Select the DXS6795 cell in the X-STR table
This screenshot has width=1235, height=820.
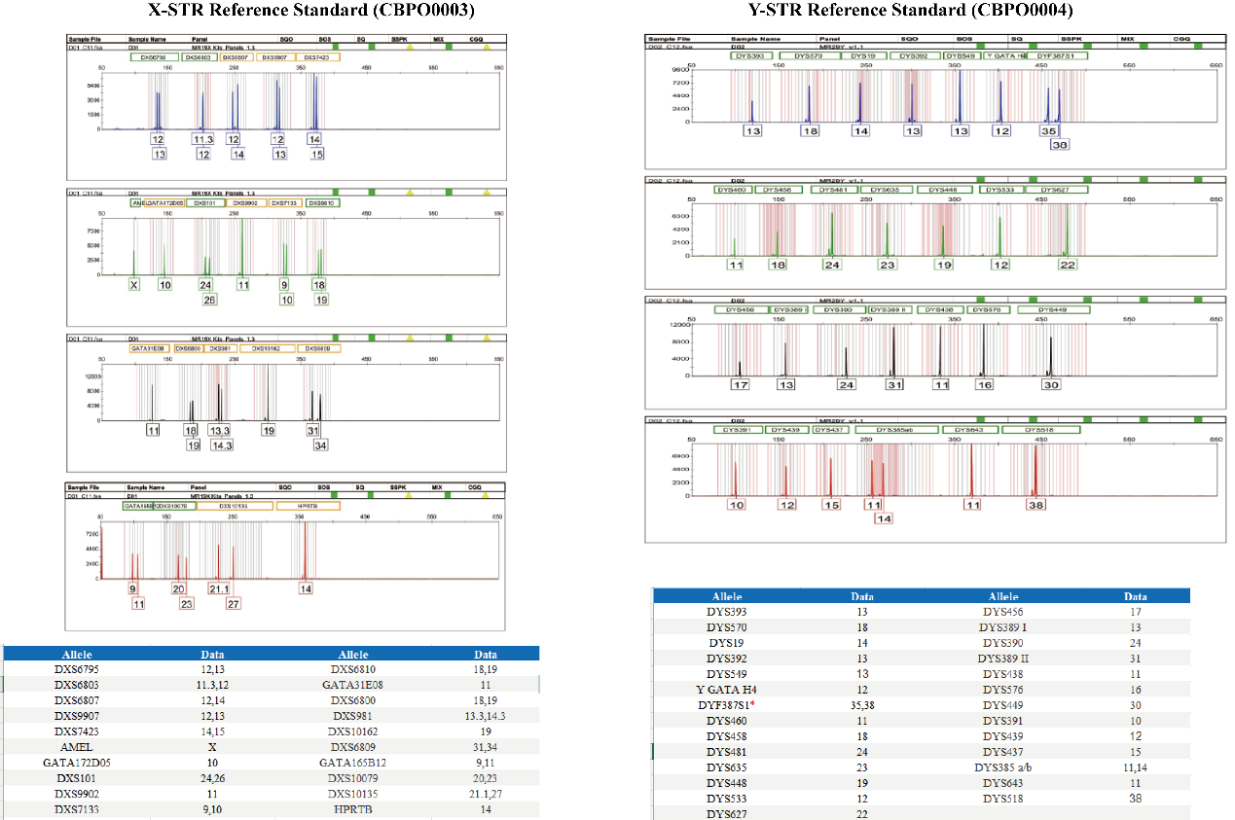click(x=76, y=670)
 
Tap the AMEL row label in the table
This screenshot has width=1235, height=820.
click(x=76, y=746)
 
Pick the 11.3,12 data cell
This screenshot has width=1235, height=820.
click(x=212, y=685)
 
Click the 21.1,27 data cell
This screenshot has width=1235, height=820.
click(x=485, y=793)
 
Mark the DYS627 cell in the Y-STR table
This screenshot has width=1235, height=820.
click(x=728, y=813)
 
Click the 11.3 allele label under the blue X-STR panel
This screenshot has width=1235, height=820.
click(x=203, y=140)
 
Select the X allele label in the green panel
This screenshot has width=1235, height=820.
click(x=133, y=285)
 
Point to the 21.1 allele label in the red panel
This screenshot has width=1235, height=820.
click(x=219, y=588)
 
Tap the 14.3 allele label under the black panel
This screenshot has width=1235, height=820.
click(x=222, y=445)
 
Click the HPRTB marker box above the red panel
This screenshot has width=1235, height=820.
click(x=308, y=506)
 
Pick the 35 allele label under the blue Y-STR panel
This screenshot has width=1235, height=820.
click(x=1048, y=130)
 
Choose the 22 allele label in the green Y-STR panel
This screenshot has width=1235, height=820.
click(x=1068, y=265)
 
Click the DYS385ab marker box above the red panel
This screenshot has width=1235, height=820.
click(x=893, y=429)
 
